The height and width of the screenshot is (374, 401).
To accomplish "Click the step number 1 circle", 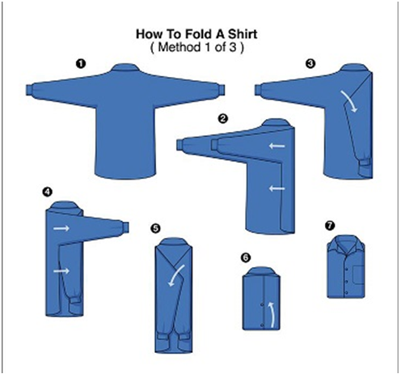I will [81, 62].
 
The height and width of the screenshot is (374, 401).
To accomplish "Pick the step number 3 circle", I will [309, 62].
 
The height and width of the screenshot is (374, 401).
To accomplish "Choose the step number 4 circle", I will [48, 192].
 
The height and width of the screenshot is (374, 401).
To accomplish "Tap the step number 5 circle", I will [155, 228].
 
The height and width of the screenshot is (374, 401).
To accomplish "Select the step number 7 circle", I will [328, 223].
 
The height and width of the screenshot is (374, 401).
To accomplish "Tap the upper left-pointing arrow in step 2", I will [276, 147].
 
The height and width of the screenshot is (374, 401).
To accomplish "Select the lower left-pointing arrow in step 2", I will [276, 189].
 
